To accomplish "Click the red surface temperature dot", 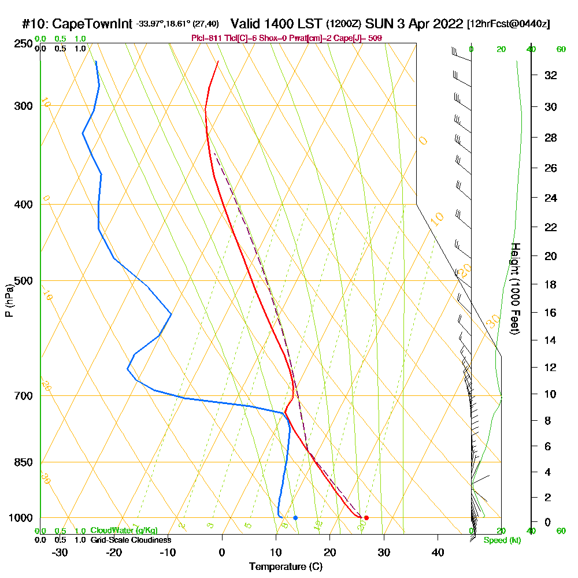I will click(366, 518).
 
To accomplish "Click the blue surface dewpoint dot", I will click(295, 518).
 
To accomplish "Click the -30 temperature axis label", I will click(60, 552).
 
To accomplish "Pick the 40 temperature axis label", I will click(438, 552).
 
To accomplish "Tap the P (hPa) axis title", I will click(9, 301).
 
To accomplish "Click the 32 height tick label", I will click(551, 75).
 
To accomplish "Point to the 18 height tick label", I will click(551, 284).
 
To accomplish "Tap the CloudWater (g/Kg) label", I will click(124, 531).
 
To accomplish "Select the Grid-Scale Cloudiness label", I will click(130, 540).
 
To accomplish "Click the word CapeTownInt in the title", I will click(92, 24).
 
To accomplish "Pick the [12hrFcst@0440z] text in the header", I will click(509, 24).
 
